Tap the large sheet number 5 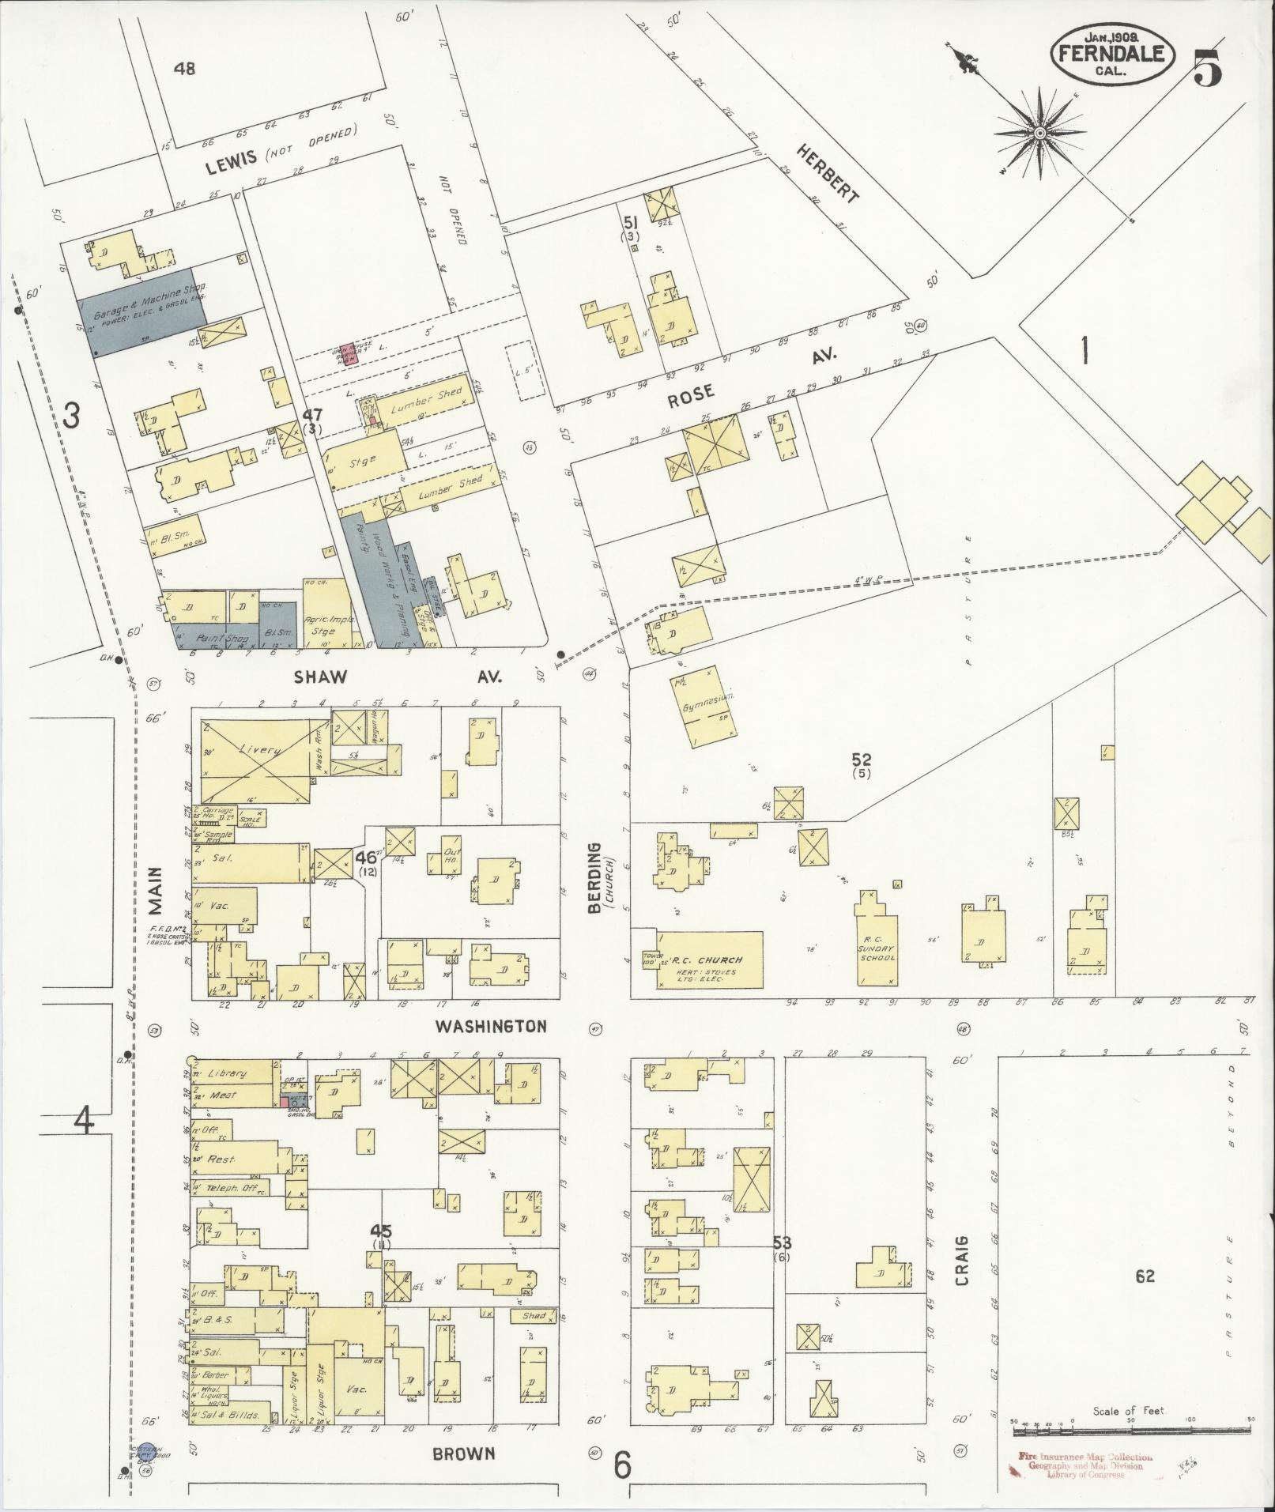coord(1207,68)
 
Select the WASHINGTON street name coord(491,1027)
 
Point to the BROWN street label coord(464,1453)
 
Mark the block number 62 coord(1145,1275)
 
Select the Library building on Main coord(231,1073)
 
